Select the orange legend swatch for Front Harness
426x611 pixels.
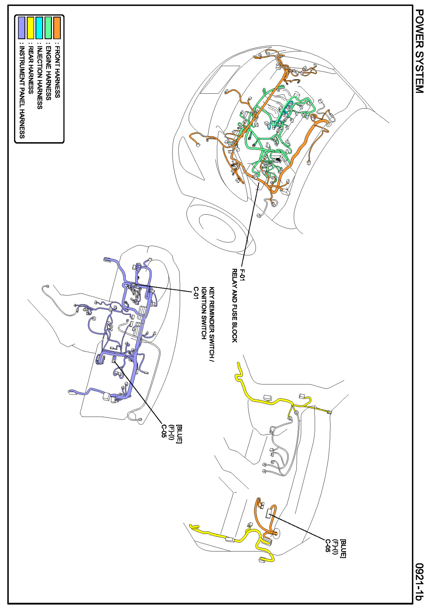57,28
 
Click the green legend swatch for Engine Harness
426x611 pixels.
48,28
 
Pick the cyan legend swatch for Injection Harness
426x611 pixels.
39,28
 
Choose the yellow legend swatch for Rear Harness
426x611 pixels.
31,28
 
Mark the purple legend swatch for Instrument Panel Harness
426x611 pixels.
22,28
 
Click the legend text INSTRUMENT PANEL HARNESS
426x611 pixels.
22,91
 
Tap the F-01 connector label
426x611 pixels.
242,275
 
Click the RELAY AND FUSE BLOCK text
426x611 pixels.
235,305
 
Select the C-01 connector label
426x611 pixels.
196,293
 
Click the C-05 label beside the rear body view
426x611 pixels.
327,546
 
